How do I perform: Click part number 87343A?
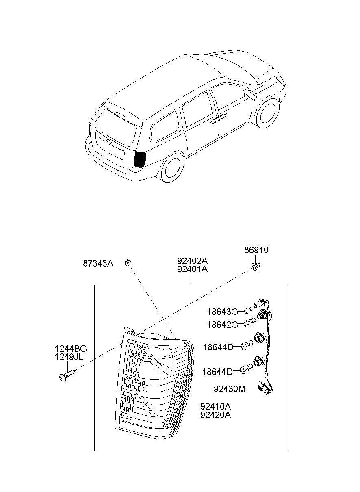click(x=98, y=263)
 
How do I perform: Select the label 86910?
click(x=256, y=250)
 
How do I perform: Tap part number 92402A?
click(x=193, y=261)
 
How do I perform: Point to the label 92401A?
click(x=193, y=269)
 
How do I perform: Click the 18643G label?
click(x=223, y=312)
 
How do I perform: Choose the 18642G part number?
click(x=223, y=325)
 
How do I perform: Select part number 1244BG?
click(x=71, y=349)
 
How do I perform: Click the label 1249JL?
click(x=69, y=357)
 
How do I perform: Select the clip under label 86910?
click(x=256, y=267)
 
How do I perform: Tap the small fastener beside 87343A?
click(x=128, y=262)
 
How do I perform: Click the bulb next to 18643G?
click(x=248, y=310)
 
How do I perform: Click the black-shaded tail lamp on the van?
click(x=140, y=159)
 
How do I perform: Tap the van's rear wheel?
click(x=173, y=167)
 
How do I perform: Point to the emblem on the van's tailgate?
click(x=109, y=141)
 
